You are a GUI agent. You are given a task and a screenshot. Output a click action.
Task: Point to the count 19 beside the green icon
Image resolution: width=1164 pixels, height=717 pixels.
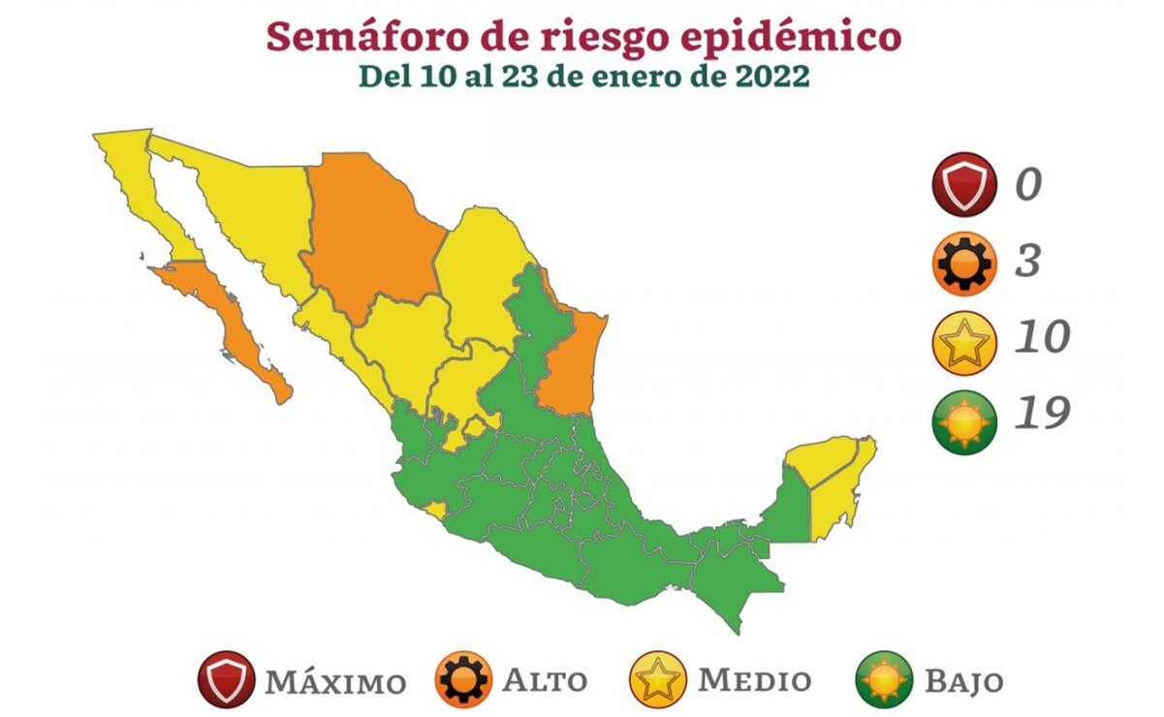[1042, 414]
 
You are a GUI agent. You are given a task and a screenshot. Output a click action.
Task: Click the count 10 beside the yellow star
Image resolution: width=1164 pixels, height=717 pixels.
[1042, 337]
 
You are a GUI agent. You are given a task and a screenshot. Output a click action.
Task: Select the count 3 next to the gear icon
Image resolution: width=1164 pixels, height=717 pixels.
[1027, 261]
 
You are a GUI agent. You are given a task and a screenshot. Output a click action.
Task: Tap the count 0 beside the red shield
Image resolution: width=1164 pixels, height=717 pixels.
[1028, 184]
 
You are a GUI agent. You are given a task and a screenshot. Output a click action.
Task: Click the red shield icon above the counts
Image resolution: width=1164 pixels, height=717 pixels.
[964, 184]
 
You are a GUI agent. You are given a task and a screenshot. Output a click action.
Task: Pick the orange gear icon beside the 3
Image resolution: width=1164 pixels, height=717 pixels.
[964, 263]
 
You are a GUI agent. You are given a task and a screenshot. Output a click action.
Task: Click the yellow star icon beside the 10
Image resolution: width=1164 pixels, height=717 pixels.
[964, 340]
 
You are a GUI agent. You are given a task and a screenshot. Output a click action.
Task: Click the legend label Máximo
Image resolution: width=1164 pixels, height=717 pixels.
[336, 681]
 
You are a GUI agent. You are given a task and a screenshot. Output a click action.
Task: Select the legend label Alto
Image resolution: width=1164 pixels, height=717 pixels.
[545, 680]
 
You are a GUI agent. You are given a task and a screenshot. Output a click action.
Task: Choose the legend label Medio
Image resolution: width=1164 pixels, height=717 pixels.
[755, 680]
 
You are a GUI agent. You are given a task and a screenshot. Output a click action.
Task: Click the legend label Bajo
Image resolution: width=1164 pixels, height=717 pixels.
[963, 681]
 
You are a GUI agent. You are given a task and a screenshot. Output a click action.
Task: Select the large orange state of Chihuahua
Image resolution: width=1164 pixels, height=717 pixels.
[373, 233]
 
